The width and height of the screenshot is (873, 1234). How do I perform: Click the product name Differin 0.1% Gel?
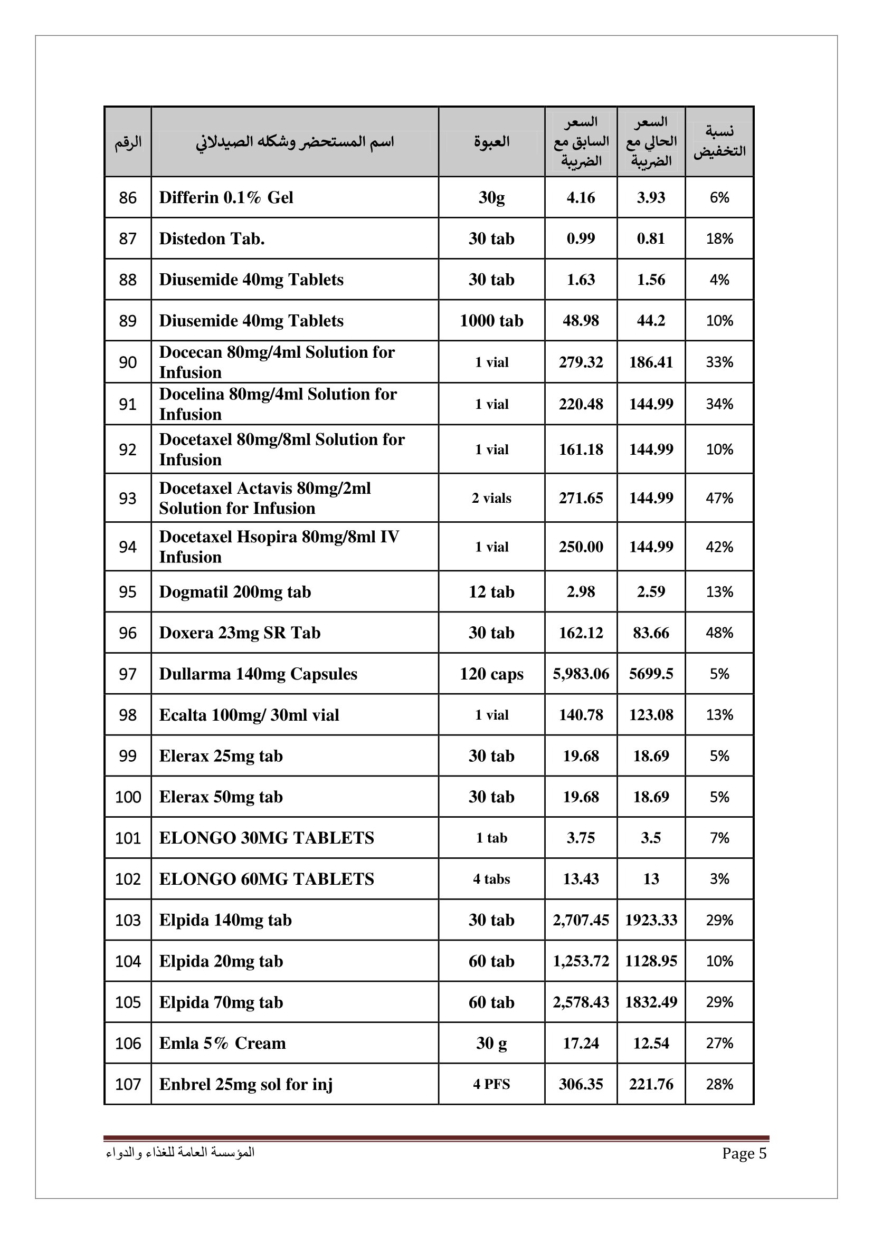coord(226,198)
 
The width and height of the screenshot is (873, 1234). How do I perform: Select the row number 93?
coord(127,498)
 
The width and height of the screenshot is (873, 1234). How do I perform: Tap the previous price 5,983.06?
coord(581,674)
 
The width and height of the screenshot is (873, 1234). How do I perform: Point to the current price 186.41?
coord(650,362)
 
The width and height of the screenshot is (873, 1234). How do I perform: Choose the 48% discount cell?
coord(719,633)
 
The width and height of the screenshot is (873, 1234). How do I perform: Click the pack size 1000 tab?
coord(491,321)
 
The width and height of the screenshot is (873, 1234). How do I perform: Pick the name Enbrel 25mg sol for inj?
coord(245,1085)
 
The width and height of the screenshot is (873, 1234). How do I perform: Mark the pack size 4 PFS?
coord(491,1085)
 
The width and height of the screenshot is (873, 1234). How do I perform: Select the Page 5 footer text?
coord(744,1153)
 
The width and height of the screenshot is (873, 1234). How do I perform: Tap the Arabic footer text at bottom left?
coord(180,1153)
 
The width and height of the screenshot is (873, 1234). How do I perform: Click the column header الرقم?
coord(128,142)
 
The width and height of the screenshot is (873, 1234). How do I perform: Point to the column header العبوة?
coord(491,142)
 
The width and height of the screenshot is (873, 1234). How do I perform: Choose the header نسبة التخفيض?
coord(719,141)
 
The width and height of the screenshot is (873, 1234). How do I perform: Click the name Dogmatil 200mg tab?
coord(235,592)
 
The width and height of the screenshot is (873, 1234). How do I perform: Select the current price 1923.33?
coord(650,920)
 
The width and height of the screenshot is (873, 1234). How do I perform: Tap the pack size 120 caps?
coord(491,674)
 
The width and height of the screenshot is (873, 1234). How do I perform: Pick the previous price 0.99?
coord(581,238)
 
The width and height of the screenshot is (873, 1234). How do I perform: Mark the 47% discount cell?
coord(719,498)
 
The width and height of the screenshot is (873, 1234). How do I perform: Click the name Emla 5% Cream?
coord(222,1043)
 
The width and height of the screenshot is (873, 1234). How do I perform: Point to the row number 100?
coord(127,797)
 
